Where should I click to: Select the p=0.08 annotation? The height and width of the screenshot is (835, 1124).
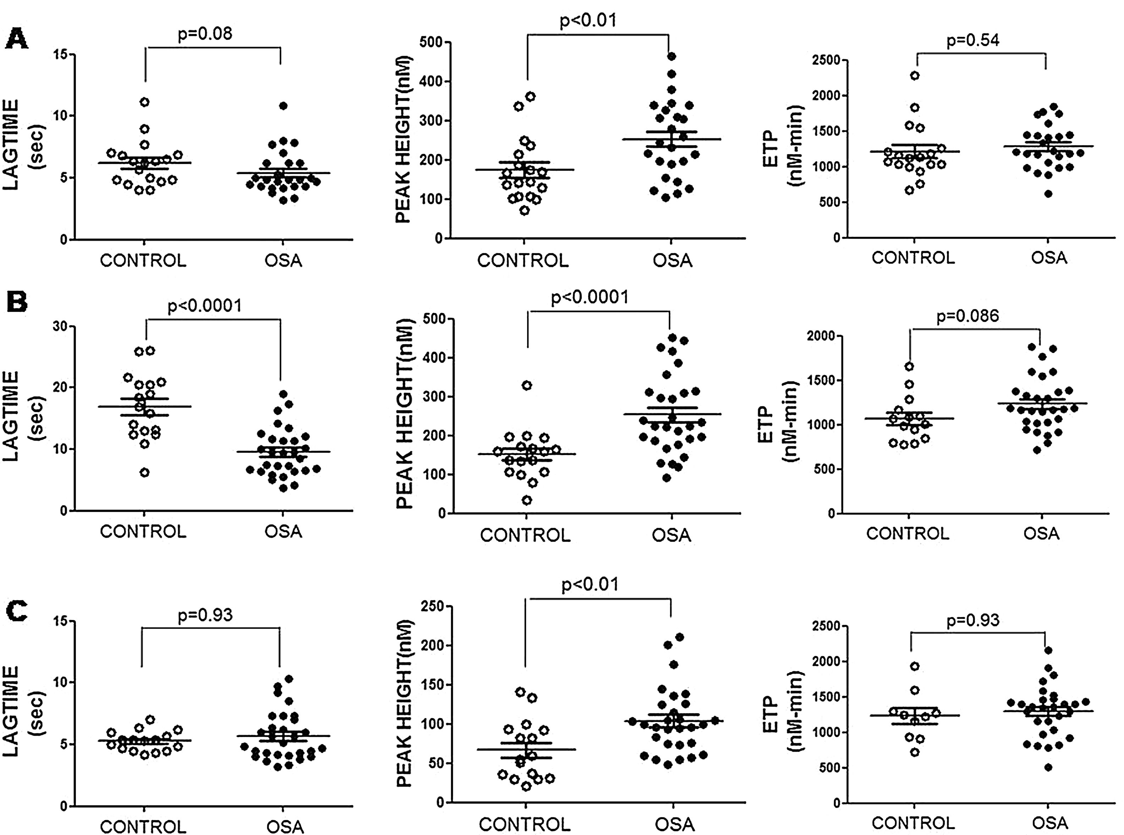point(205,34)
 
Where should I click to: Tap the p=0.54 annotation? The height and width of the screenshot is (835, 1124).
point(973,40)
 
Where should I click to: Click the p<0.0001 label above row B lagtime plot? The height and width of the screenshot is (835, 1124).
point(205,306)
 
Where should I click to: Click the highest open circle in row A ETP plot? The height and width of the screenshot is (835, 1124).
point(915,76)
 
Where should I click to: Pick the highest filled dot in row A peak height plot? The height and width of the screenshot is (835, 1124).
point(671,56)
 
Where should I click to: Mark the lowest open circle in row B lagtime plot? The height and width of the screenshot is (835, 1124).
point(144,472)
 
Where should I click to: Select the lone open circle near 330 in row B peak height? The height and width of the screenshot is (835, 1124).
point(527,386)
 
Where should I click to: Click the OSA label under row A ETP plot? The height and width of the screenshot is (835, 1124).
point(1049,258)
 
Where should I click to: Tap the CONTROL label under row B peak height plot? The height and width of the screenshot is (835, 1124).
point(525,535)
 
